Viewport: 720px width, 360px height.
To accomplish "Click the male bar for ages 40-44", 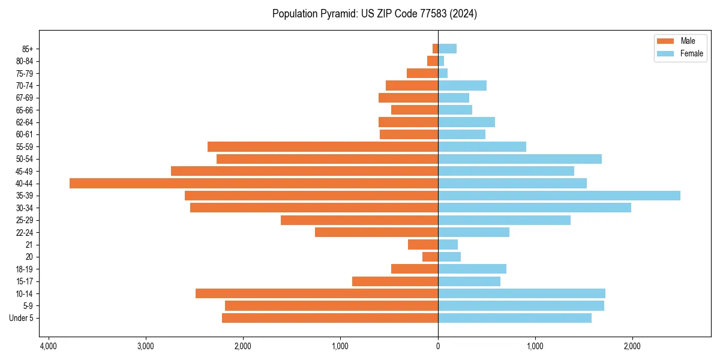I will pos(254,184).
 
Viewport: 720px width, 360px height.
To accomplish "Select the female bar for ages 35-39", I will pos(559,196).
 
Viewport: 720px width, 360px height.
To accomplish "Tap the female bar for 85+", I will pos(448,49).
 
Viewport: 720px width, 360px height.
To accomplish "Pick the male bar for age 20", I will pos(430,257).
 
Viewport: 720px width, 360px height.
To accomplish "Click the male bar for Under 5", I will pos(330,318).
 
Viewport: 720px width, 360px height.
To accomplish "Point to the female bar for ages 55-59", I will pos(482,147).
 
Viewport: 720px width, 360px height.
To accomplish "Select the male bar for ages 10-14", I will pos(317,293).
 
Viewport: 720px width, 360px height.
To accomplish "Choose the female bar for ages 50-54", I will pos(520,159).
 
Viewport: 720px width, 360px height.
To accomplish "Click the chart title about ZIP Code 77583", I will pos(374,14).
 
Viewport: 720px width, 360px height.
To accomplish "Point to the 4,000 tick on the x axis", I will pos(49,346).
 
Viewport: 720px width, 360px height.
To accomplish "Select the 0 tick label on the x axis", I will pos(438,346).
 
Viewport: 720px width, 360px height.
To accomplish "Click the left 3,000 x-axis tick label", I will pos(146,346).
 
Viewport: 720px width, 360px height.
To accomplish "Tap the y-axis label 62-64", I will pos(25,122).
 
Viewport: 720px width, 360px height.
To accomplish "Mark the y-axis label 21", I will pos(29,245).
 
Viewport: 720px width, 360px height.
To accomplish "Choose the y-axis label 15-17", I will pos(25,281).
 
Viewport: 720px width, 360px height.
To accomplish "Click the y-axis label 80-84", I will pos(25,61).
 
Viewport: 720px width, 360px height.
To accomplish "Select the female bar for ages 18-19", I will pos(472,269).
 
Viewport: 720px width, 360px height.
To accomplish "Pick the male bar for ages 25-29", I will pos(359,220).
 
